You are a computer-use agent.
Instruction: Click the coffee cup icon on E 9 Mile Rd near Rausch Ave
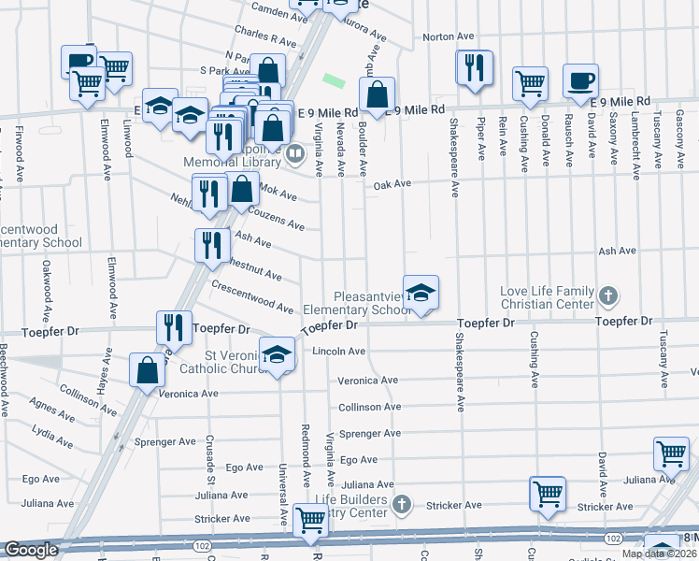[x=580, y=79]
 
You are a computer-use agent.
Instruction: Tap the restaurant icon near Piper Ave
[x=474, y=67]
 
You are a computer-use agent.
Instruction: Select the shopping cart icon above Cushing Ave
[x=530, y=82]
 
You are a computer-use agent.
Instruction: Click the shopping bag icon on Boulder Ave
[x=376, y=95]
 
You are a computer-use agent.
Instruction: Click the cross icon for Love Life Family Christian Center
[x=607, y=296]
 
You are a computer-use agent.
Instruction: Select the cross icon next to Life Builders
[x=402, y=506]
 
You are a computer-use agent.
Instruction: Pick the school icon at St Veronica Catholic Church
[x=277, y=354]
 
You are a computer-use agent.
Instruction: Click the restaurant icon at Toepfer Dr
[x=173, y=326]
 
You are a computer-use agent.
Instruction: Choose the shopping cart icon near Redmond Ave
[x=309, y=520]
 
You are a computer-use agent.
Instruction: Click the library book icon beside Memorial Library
[x=295, y=153]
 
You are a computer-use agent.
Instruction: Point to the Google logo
[x=30, y=550]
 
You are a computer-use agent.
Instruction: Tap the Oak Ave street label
[x=392, y=185]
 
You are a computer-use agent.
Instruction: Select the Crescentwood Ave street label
[x=252, y=295]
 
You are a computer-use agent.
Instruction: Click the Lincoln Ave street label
[x=339, y=352]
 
